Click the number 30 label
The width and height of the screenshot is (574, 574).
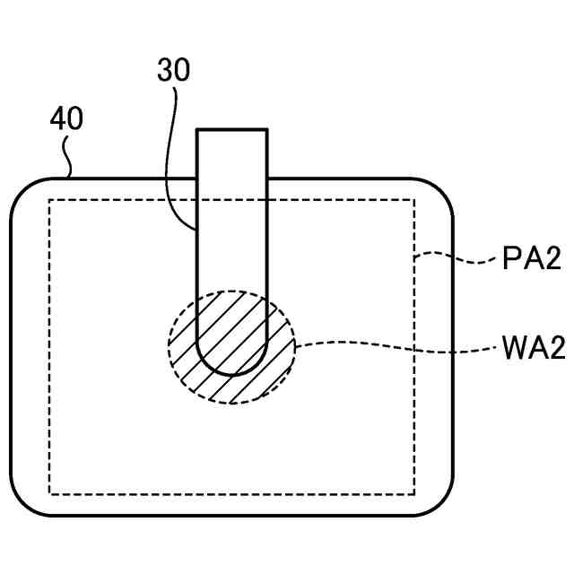pyautogui.click(x=173, y=71)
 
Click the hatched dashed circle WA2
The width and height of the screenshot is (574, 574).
pyautogui.click(x=231, y=345)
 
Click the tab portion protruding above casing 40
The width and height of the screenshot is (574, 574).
pyautogui.click(x=231, y=153)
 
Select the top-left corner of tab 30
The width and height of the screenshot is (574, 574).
pyautogui.click(x=197, y=131)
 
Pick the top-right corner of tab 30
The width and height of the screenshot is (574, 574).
pyautogui.click(x=266, y=131)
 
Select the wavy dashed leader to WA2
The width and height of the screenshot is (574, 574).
pyautogui.click(x=395, y=343)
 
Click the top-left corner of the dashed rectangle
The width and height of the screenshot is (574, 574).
pyautogui.click(x=49, y=200)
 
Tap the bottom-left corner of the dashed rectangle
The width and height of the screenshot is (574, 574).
pyautogui.click(x=49, y=493)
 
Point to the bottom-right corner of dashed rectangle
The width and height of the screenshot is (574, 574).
pyautogui.click(x=414, y=493)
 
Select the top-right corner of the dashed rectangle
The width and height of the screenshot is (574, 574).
pyautogui.click(x=414, y=200)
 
